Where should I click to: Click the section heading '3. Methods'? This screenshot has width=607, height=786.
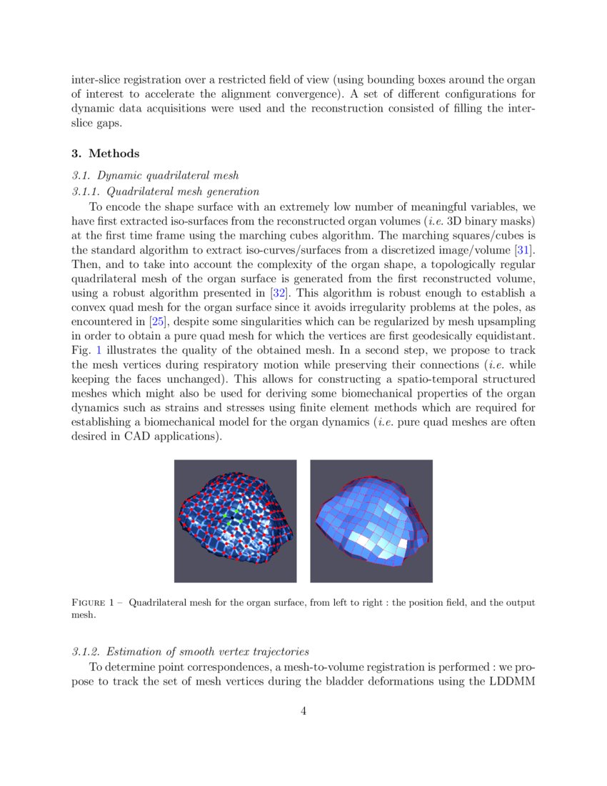pyautogui.click(x=106, y=154)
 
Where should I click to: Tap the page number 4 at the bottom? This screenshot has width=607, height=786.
pyautogui.click(x=303, y=711)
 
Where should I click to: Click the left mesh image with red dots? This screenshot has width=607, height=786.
pyautogui.click(x=235, y=521)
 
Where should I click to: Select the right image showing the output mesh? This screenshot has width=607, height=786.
pyautogui.click(x=371, y=521)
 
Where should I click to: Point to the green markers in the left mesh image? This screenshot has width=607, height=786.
pyautogui.click(x=230, y=519)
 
